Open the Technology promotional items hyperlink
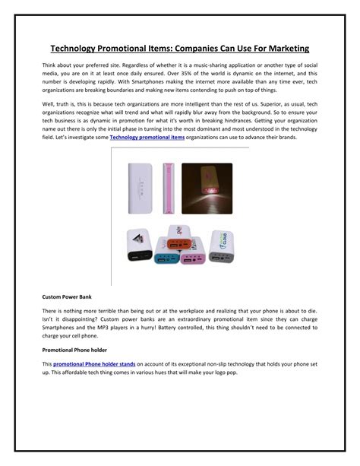pos(146,137)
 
